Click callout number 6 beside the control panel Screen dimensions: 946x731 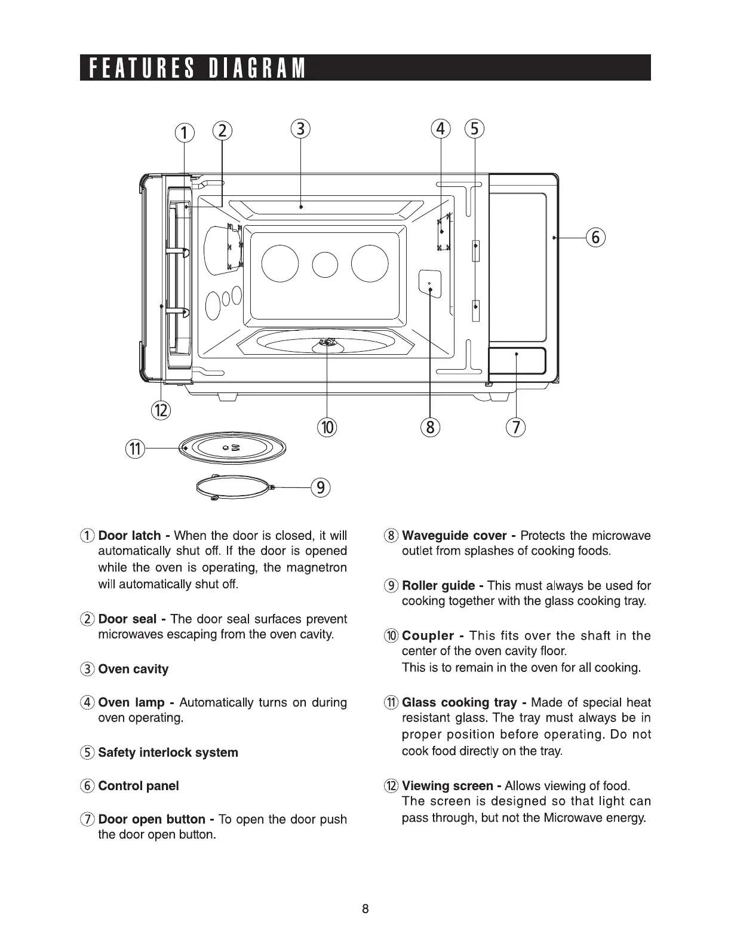[x=595, y=237]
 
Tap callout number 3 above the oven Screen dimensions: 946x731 [x=300, y=129]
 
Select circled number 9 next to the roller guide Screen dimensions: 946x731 [x=321, y=488]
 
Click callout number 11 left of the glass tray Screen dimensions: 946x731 [x=136, y=448]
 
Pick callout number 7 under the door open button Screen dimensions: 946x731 [x=515, y=427]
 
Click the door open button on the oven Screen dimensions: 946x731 [x=517, y=360]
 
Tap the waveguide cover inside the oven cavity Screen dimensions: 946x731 [x=430, y=282]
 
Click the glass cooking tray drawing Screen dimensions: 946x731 [x=233, y=447]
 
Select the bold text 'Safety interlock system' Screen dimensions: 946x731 [x=168, y=752]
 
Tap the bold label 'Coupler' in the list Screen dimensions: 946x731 [x=428, y=635]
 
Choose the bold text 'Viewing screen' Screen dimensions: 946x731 [x=447, y=786]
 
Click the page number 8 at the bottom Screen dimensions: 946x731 [x=365, y=910]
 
